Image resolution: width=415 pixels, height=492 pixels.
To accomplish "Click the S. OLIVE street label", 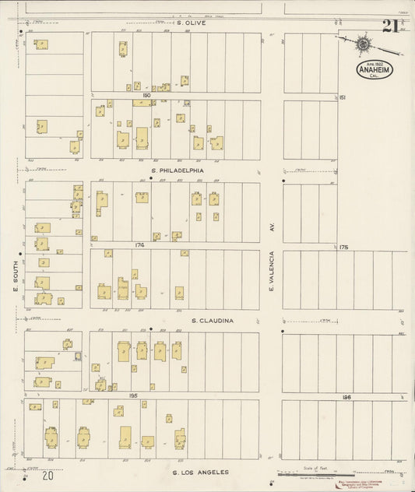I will coord(190,23).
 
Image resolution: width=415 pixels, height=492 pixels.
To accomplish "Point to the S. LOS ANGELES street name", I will coord(200,472).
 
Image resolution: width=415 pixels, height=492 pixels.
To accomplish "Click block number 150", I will coord(145,95).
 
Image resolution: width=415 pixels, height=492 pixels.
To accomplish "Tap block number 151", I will coord(343,97).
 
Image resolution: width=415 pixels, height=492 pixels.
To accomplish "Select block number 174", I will coord(140,245).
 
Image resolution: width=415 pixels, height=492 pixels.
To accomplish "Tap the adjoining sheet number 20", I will coord(49,475).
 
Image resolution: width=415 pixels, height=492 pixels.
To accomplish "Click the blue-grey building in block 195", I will coord(78,356).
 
